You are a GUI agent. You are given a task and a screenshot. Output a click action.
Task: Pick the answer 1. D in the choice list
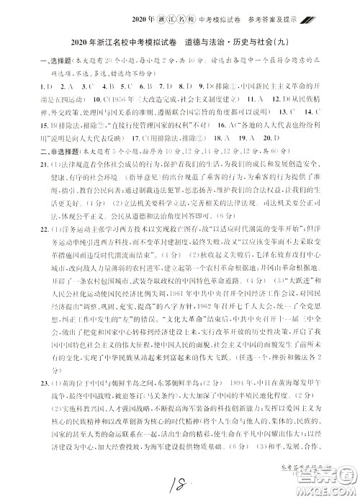point(28,87)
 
